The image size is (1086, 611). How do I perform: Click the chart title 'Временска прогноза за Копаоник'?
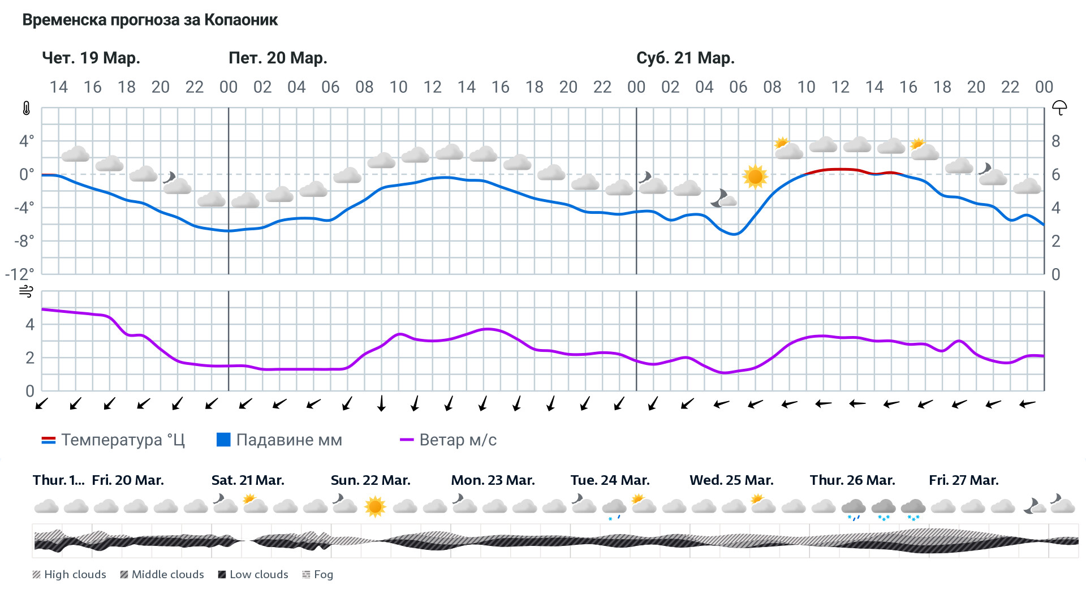click(150, 20)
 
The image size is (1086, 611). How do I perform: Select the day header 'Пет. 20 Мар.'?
click(278, 58)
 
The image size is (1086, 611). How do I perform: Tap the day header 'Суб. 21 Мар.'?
click(685, 58)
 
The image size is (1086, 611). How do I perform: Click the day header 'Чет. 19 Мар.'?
click(91, 58)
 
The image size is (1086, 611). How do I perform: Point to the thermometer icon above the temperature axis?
click(27, 108)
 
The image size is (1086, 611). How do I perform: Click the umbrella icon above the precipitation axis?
click(1059, 107)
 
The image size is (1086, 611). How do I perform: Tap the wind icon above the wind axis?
click(26, 291)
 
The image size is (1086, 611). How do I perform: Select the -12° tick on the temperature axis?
click(20, 274)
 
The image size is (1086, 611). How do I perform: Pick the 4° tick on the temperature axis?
click(27, 141)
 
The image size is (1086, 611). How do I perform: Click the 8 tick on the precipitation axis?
click(1055, 141)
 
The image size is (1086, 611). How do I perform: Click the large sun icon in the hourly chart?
click(755, 177)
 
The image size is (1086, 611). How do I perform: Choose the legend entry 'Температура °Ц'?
click(113, 440)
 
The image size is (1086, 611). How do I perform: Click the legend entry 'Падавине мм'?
click(279, 440)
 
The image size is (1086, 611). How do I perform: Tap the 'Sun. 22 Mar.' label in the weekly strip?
click(370, 480)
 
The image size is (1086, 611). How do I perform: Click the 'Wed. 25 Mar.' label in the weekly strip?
click(731, 480)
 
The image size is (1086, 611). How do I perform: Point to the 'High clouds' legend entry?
click(70, 575)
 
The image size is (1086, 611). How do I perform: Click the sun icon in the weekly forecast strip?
click(374, 506)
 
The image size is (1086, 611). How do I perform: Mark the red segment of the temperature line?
click(837, 169)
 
